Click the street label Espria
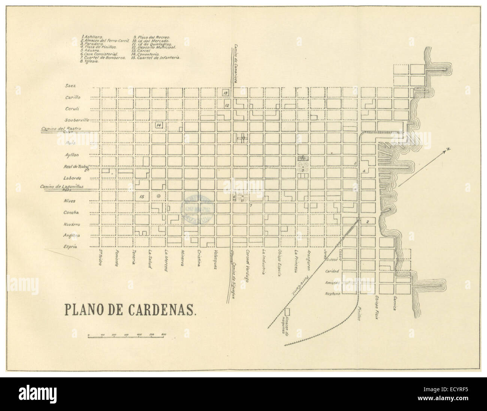(71, 247)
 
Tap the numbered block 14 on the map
(158, 125)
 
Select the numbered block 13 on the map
(225, 92)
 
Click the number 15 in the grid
(142, 196)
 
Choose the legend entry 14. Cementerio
(147, 55)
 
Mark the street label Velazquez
(217, 260)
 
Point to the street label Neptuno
(333, 294)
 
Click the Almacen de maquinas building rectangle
(288, 310)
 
